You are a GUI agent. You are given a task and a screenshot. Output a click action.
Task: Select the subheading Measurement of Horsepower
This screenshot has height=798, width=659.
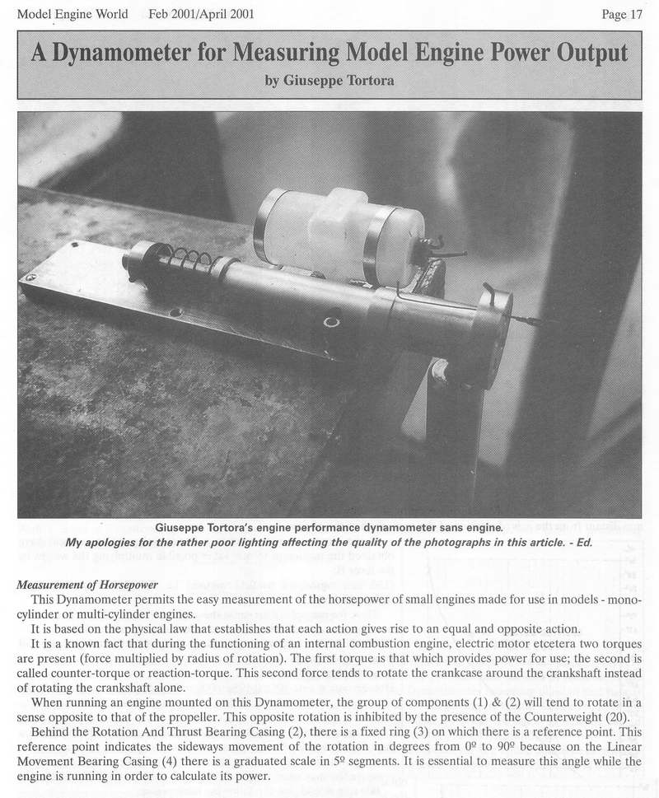coord(87,585)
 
